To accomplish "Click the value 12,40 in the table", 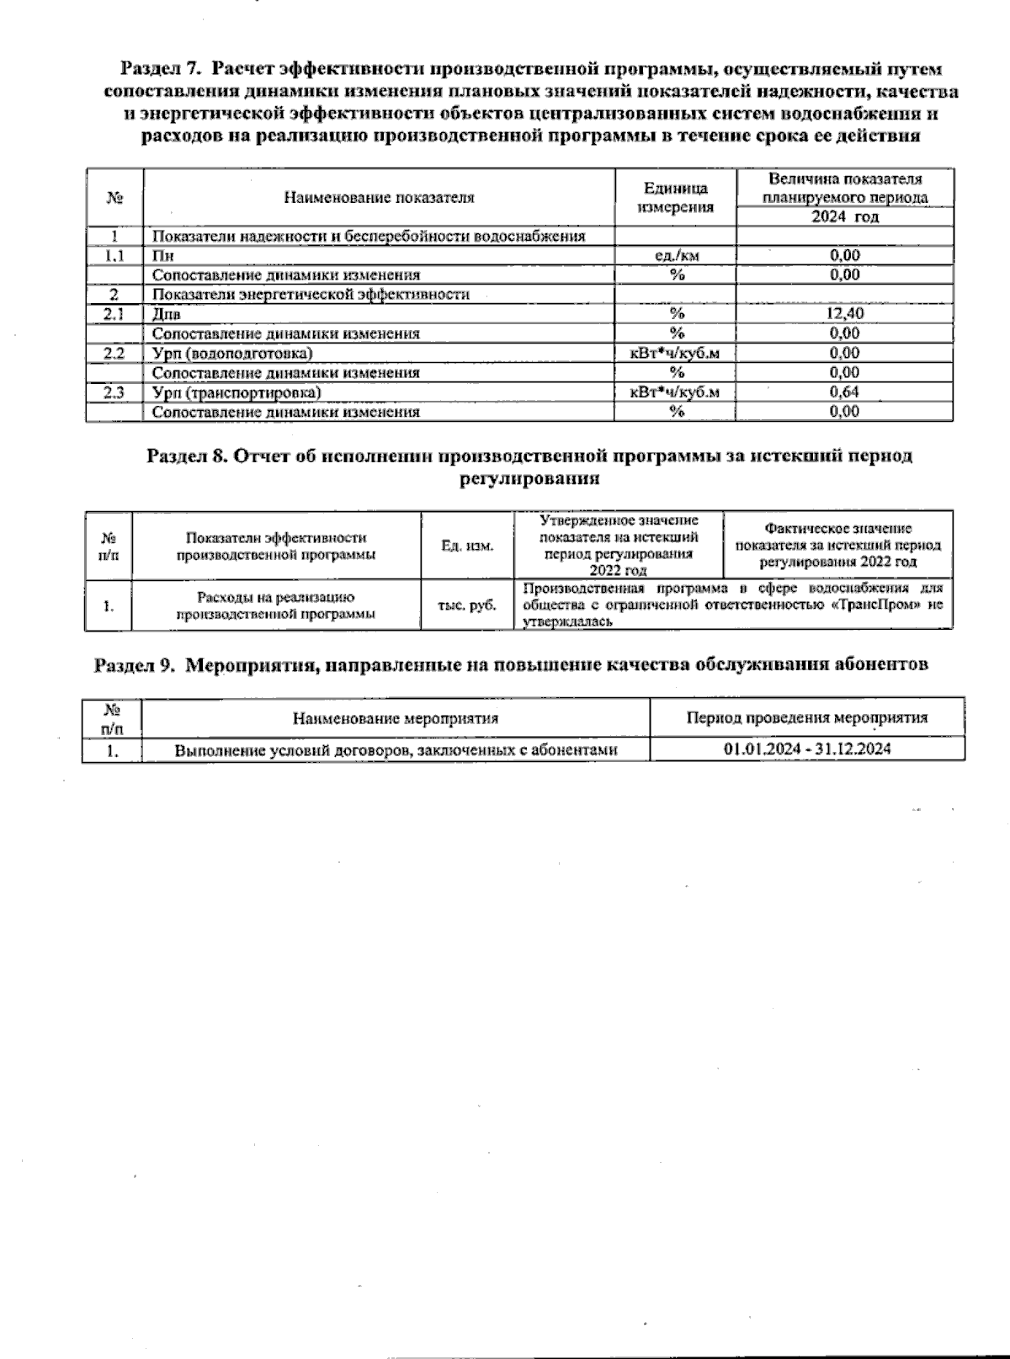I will tap(845, 313).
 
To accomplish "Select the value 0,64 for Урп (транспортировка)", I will tap(845, 392).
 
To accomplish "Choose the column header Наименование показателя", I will tap(379, 198).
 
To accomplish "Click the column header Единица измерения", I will tap(676, 198).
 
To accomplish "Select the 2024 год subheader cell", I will tap(845, 217).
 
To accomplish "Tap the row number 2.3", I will tap(114, 392).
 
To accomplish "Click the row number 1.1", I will tap(114, 255).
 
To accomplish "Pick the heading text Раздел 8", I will tap(187, 456).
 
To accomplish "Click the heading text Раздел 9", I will tap(134, 664).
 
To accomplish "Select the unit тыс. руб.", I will tap(467, 605).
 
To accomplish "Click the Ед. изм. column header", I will tap(467, 546).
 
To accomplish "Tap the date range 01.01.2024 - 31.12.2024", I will tap(807, 749).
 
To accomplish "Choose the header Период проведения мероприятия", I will tap(807, 718).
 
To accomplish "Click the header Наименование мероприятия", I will tap(396, 718).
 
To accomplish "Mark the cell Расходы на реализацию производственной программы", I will tap(276, 605).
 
